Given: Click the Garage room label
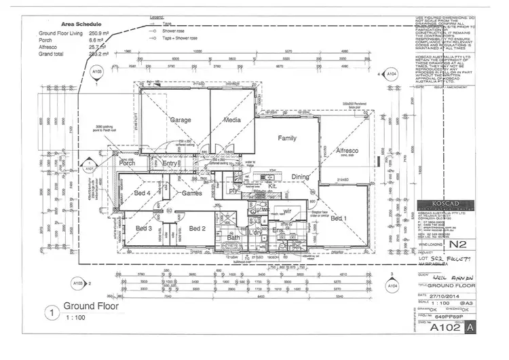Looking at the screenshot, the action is (x=181, y=120).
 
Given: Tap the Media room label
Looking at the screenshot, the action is (x=233, y=120).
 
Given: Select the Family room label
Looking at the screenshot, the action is (x=287, y=138).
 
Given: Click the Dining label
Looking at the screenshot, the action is (x=300, y=177).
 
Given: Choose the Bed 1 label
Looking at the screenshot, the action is (x=339, y=219).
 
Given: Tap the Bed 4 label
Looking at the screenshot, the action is (x=142, y=194).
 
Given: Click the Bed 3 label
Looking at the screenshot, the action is (x=144, y=228).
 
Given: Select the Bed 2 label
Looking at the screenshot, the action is (x=197, y=228).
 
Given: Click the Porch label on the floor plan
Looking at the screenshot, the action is (x=128, y=163).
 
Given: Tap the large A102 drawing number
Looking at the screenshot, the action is (x=440, y=327).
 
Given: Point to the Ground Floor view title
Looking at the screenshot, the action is (x=90, y=306).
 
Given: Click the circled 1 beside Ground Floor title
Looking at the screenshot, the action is (x=50, y=313).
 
